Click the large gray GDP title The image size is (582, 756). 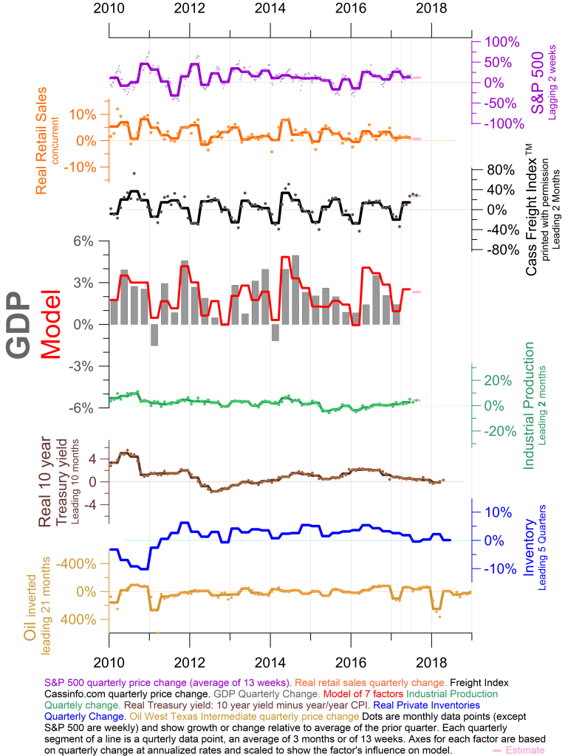coord(20,325)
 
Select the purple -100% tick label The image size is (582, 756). coord(506,123)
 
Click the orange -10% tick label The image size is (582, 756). coord(81,167)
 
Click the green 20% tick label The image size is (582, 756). coord(497,381)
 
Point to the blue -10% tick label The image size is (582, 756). coord(496,569)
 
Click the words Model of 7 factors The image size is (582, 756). coord(365,694)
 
